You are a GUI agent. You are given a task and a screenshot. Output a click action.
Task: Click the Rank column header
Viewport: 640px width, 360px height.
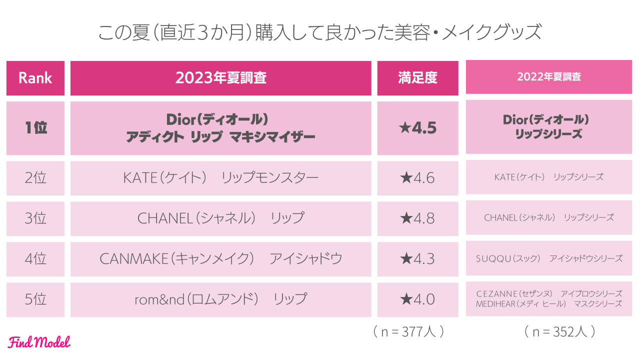point(35,78)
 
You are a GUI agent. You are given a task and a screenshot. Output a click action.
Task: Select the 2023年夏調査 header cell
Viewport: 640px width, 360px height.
point(220,78)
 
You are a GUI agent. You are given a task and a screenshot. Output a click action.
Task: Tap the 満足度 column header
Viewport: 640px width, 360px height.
point(417,78)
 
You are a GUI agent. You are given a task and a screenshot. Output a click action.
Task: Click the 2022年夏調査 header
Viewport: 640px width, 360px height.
point(548,77)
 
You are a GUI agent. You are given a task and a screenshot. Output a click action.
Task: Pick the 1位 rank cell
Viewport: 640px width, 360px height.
point(35,128)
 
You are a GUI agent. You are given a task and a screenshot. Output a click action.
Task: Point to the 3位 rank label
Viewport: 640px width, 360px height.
point(35,218)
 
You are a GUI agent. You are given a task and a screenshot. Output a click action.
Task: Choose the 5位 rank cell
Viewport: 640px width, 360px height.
point(35,299)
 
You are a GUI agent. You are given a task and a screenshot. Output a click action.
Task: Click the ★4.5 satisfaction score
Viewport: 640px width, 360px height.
point(417,128)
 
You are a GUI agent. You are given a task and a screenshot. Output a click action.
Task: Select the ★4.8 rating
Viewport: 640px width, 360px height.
point(417,218)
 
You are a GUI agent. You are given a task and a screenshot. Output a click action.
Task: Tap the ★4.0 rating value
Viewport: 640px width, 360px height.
point(417,299)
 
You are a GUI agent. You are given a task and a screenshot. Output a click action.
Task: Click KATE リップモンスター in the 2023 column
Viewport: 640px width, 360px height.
point(220,178)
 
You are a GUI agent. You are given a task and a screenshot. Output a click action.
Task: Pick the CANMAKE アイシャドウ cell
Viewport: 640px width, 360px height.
point(220,259)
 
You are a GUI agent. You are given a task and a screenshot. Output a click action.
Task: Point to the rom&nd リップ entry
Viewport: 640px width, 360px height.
point(220,299)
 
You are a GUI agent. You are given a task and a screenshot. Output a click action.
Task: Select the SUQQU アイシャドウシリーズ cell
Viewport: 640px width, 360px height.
point(548,258)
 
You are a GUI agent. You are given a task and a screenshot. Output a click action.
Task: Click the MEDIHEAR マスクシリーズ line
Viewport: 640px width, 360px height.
point(548,303)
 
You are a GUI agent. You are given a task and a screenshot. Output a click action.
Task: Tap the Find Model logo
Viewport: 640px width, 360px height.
point(39,342)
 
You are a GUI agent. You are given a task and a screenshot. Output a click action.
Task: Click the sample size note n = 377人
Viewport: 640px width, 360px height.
point(408,331)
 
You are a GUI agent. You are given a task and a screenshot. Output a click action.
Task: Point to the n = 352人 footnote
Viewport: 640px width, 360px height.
point(559,331)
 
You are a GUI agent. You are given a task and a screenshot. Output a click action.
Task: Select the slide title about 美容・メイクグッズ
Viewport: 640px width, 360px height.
point(319,33)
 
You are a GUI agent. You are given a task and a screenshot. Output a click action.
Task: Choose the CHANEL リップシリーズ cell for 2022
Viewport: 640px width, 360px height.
point(548,217)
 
